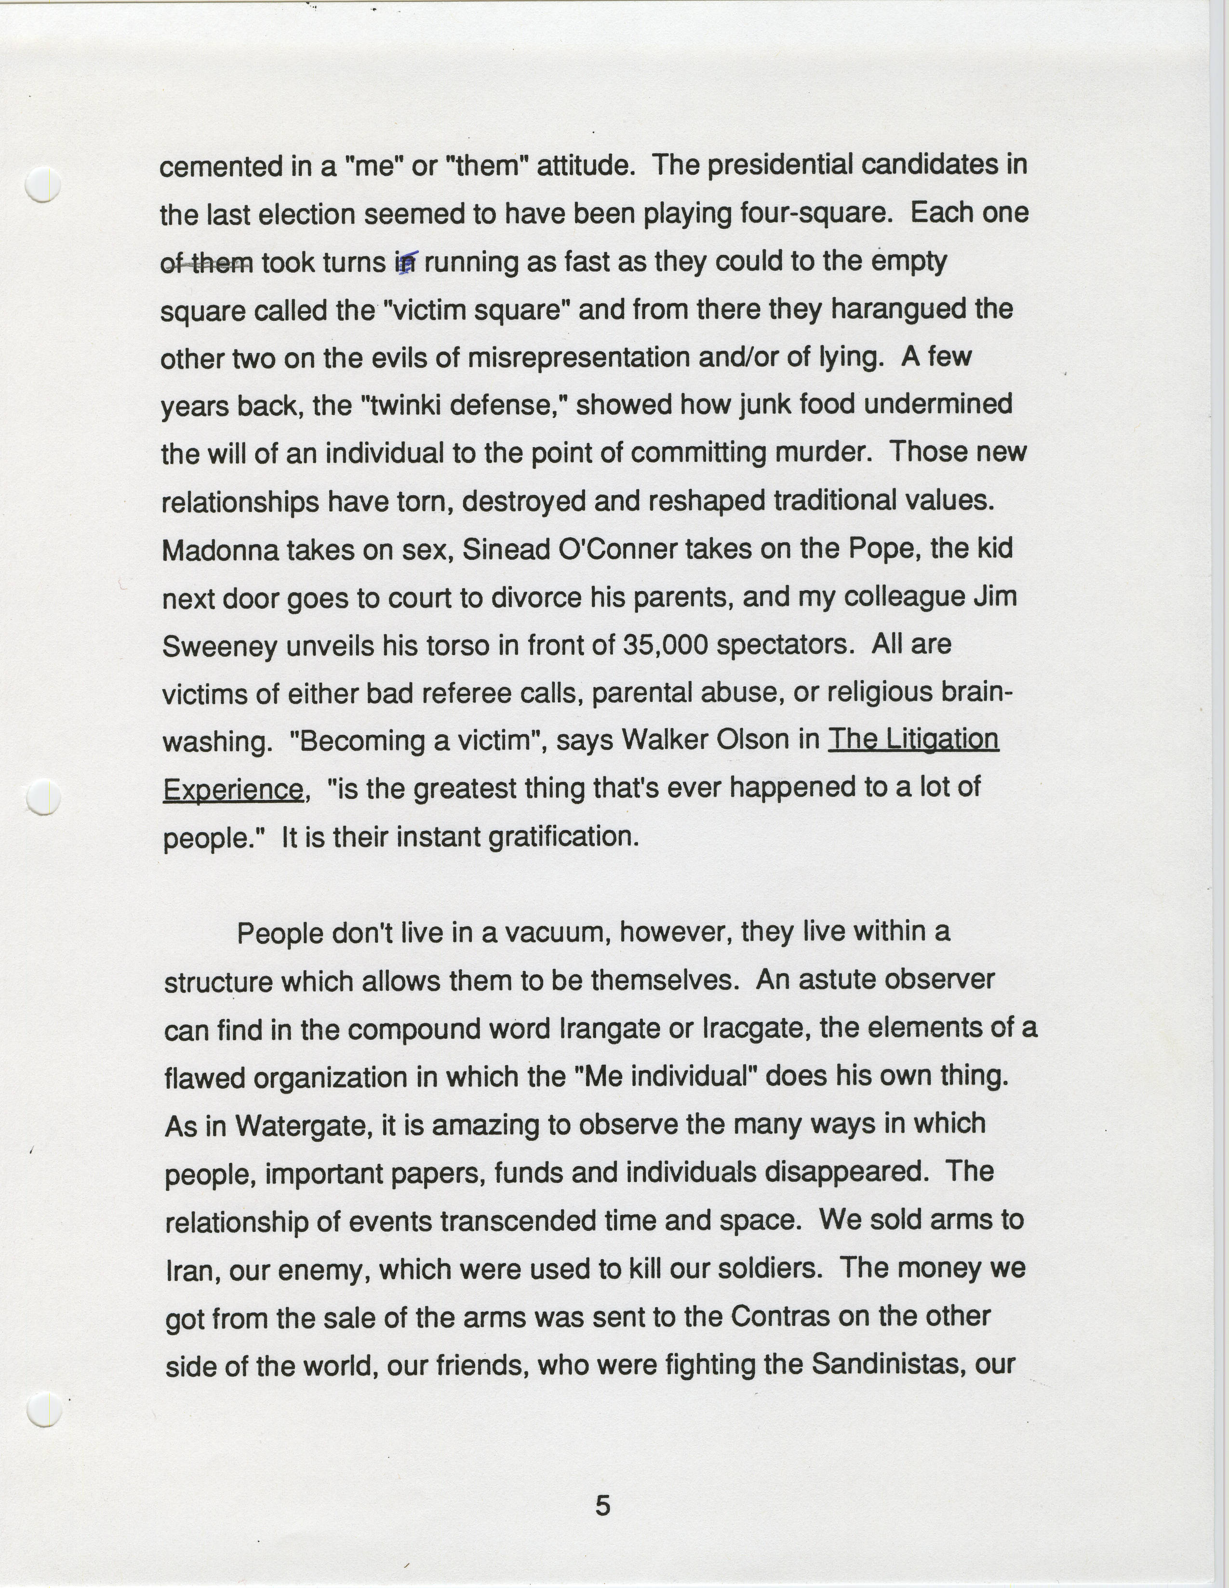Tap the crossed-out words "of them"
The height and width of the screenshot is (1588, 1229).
coord(207,263)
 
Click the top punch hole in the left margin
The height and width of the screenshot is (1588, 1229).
coord(43,184)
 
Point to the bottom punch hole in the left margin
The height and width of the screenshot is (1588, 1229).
coord(44,1408)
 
